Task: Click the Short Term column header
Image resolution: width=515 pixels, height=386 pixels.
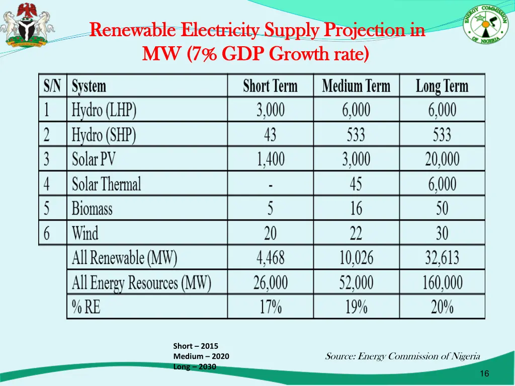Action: [x=270, y=86]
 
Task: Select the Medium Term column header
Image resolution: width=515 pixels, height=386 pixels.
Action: [x=356, y=86]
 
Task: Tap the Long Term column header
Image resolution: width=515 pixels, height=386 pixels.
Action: [x=442, y=86]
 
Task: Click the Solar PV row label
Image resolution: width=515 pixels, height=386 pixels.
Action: [x=94, y=159]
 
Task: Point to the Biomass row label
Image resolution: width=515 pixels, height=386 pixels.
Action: [x=92, y=208]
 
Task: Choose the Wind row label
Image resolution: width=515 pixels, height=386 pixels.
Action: [x=85, y=233]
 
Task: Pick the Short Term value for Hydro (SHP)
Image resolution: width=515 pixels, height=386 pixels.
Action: [x=270, y=135]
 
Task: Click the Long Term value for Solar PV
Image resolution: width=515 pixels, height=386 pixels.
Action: [x=442, y=159]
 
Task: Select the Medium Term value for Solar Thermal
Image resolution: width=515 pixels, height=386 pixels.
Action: [x=356, y=184]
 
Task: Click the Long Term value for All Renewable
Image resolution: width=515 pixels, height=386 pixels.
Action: [x=442, y=258]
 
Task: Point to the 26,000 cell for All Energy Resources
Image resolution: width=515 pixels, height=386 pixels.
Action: [x=270, y=282]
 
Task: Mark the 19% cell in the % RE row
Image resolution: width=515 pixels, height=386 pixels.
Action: [x=356, y=307]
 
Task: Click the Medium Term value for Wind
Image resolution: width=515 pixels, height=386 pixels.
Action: [x=356, y=233]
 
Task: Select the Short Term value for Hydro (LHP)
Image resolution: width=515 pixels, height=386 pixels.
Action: [x=270, y=110]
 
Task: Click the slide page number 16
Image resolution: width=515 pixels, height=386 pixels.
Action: [x=484, y=373]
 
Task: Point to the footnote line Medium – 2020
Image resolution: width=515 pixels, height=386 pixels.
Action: [x=201, y=356]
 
